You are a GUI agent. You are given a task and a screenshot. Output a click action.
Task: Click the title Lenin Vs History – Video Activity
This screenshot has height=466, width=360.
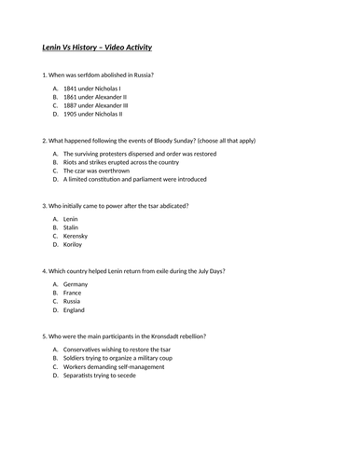pyautogui.click(x=98, y=47)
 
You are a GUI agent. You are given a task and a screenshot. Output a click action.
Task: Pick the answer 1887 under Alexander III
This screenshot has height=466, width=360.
pyautogui.click(x=97, y=106)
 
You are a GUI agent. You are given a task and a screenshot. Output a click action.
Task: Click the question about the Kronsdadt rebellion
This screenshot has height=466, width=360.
pyautogui.click(x=126, y=336)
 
